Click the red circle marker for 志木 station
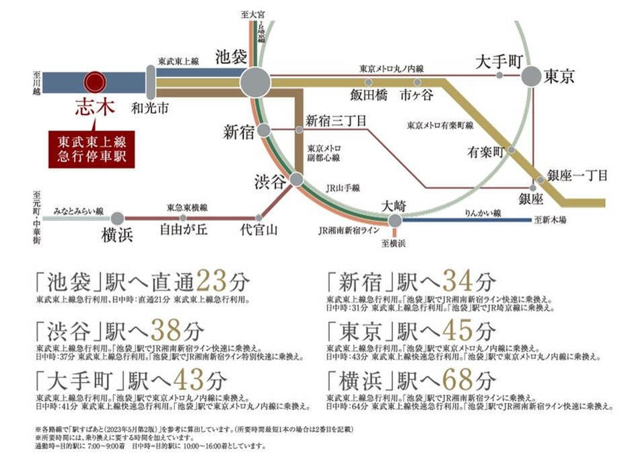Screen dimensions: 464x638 [x=94, y=82]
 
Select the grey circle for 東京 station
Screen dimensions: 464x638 [x=531, y=76]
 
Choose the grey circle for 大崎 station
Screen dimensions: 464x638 [x=396, y=220]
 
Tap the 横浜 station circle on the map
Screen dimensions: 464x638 [x=118, y=218]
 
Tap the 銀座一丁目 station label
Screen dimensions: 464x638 [x=578, y=175]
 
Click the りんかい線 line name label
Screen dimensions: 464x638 [x=483, y=213]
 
